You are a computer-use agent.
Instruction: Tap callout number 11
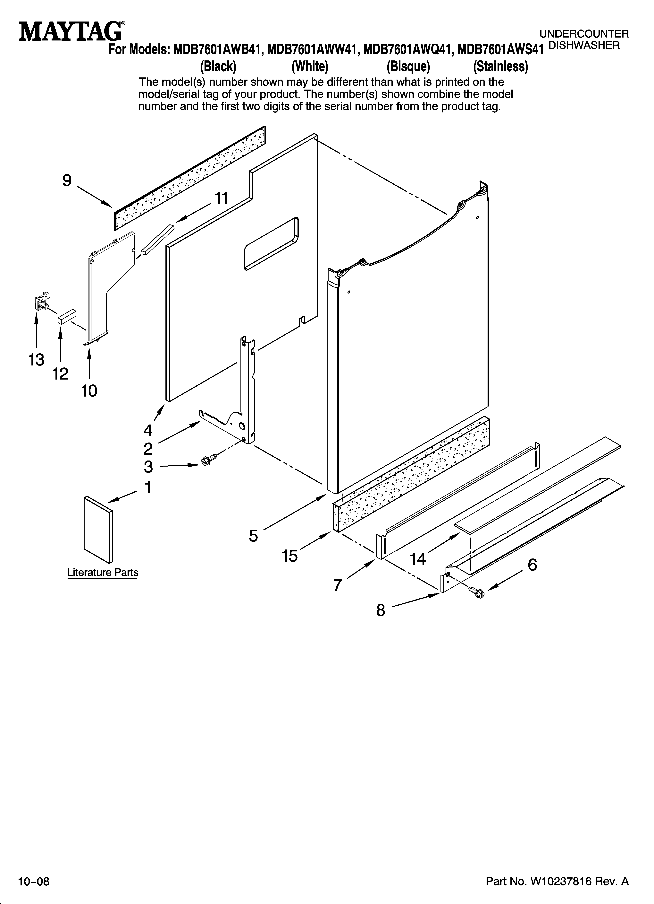(222, 198)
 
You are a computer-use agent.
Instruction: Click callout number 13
(36, 360)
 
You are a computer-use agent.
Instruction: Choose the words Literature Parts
(103, 572)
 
